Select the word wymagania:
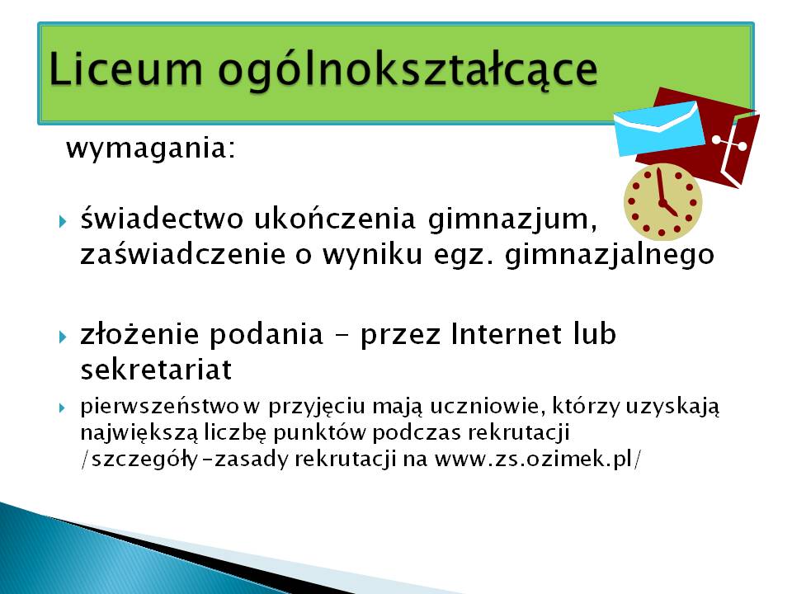tap(151, 149)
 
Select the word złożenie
tap(140, 334)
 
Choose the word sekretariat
tap(156, 369)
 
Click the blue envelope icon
tap(658, 128)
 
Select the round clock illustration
tap(662, 201)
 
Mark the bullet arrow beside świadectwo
tap(63, 221)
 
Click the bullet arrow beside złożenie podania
tap(63, 337)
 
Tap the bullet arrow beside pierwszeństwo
tap(62, 407)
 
